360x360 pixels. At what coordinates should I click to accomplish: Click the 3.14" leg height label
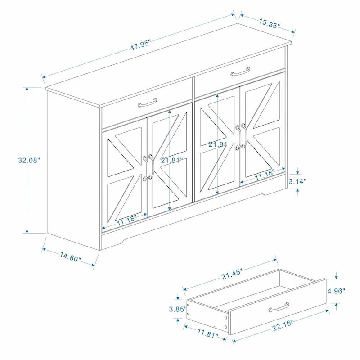tap(297, 181)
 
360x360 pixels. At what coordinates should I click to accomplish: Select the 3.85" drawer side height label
tap(177, 309)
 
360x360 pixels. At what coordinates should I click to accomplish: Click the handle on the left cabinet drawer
tap(147, 103)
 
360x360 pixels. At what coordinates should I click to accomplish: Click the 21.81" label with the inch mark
tap(171, 160)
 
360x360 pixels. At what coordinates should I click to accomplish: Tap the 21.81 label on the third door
tap(218, 145)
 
